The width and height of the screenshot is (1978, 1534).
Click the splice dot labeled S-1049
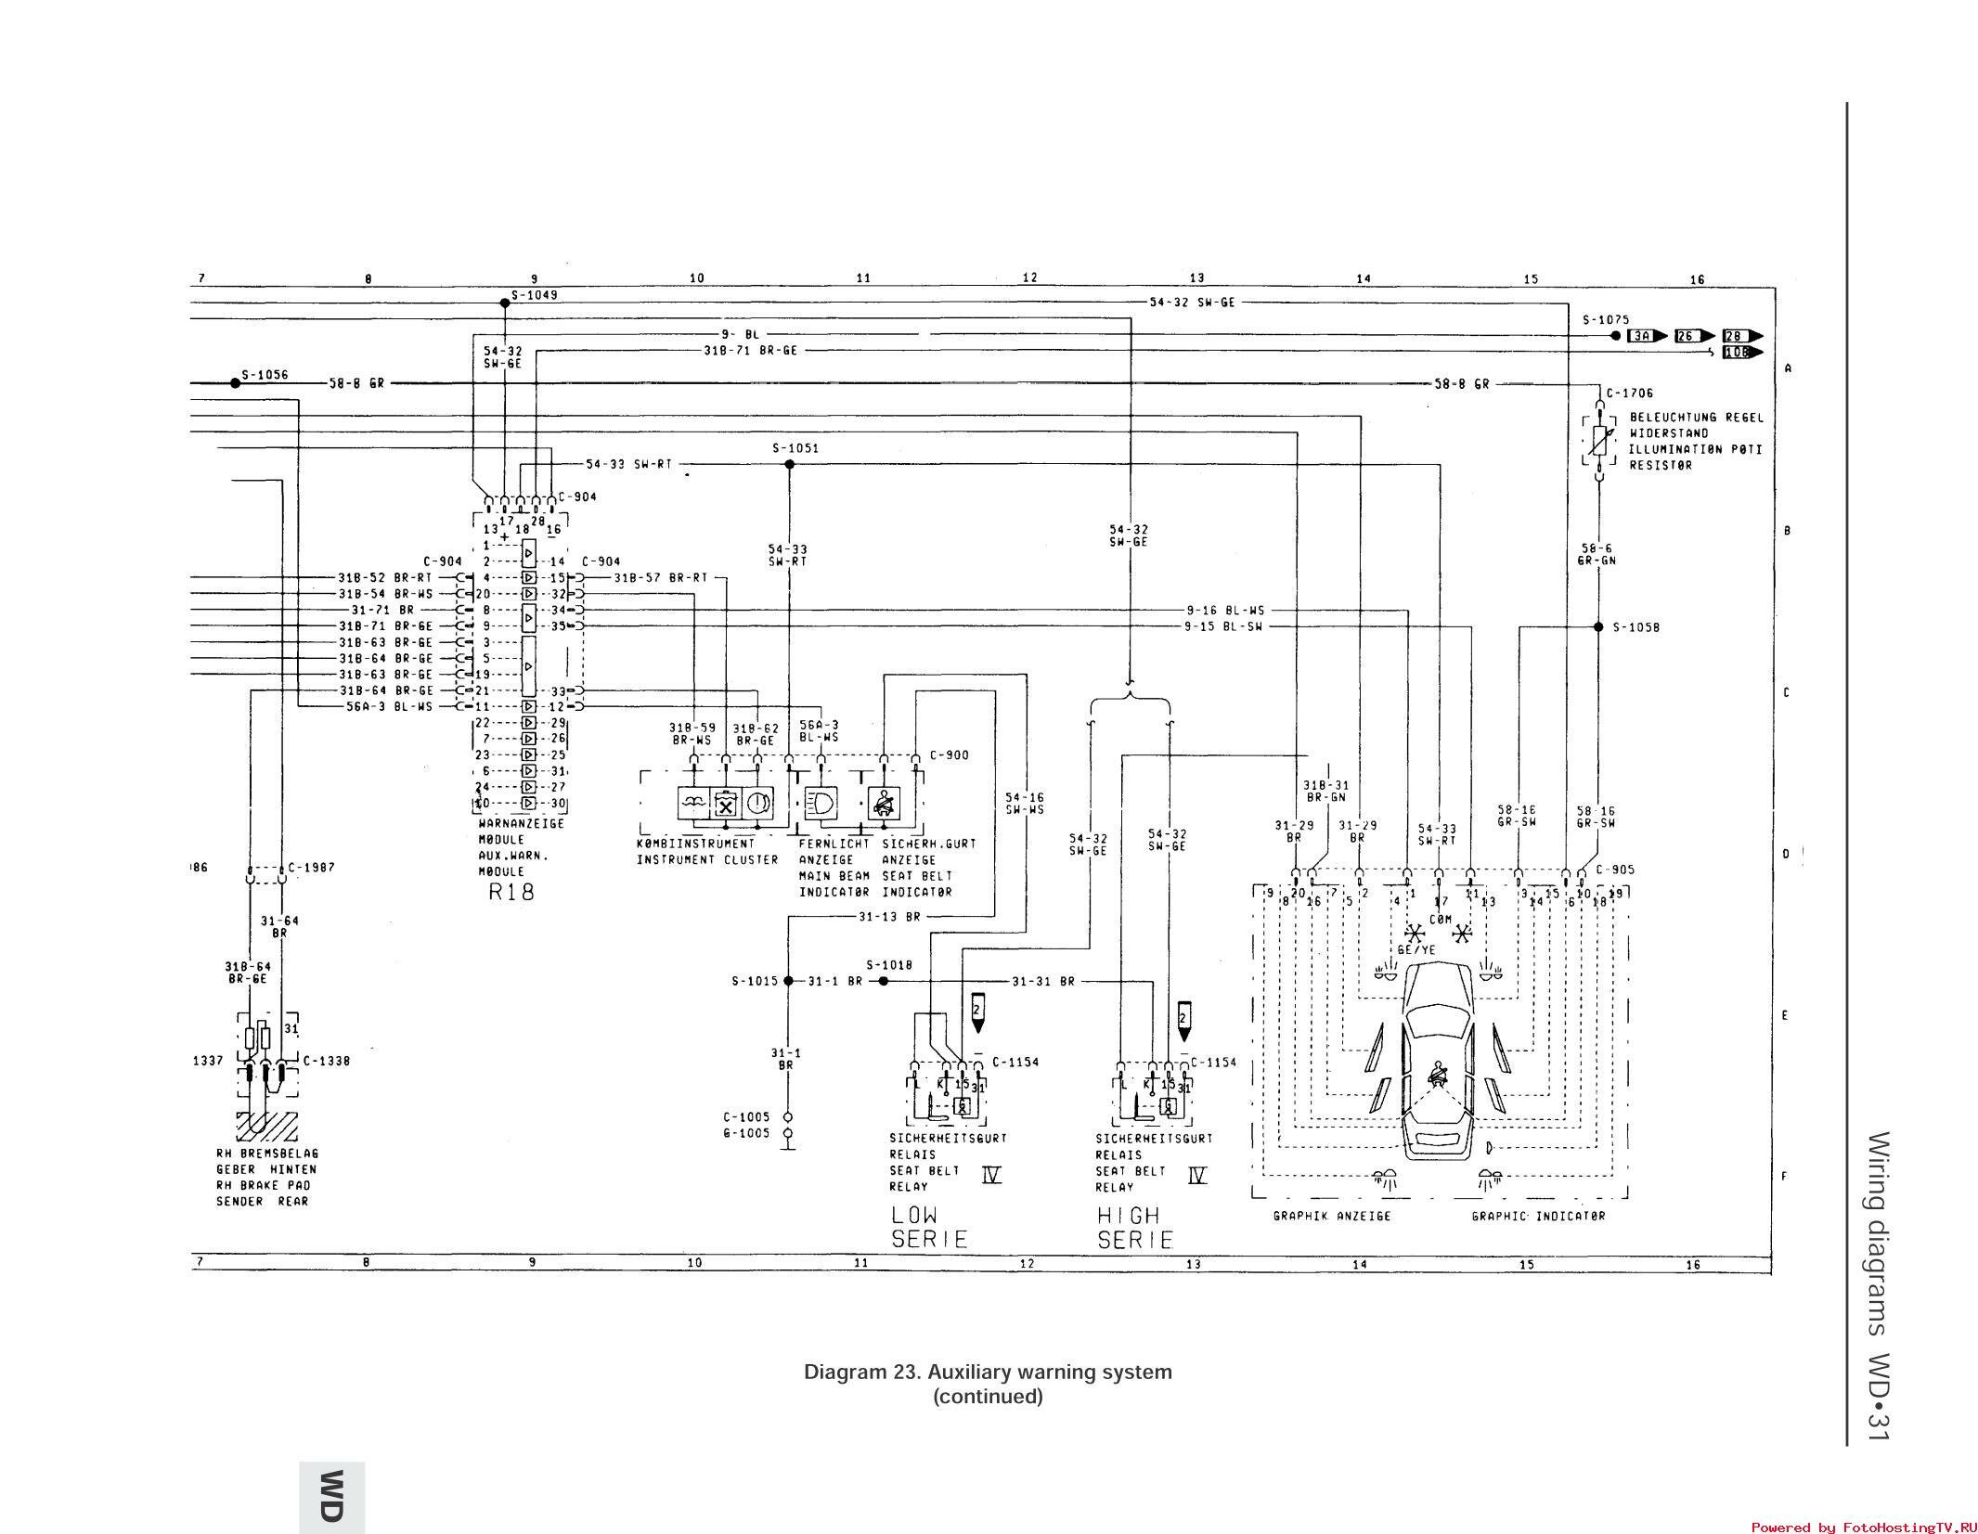[x=504, y=303]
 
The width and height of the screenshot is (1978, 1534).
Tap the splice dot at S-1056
[x=235, y=383]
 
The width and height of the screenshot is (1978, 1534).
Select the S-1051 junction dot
[x=789, y=464]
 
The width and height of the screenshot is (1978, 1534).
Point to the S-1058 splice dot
[x=1598, y=627]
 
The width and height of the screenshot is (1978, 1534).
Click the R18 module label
[x=511, y=893]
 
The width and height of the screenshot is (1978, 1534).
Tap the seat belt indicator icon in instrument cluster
[x=883, y=802]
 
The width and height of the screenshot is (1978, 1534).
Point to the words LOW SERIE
[x=929, y=1226]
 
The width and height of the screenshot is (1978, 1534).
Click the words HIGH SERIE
[x=1135, y=1227]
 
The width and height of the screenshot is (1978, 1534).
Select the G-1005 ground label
[x=745, y=1133]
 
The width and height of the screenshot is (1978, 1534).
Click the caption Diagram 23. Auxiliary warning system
[x=988, y=1372]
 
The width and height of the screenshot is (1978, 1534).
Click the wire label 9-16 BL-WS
[x=1224, y=611]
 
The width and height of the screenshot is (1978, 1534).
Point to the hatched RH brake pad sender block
[x=266, y=1126]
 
